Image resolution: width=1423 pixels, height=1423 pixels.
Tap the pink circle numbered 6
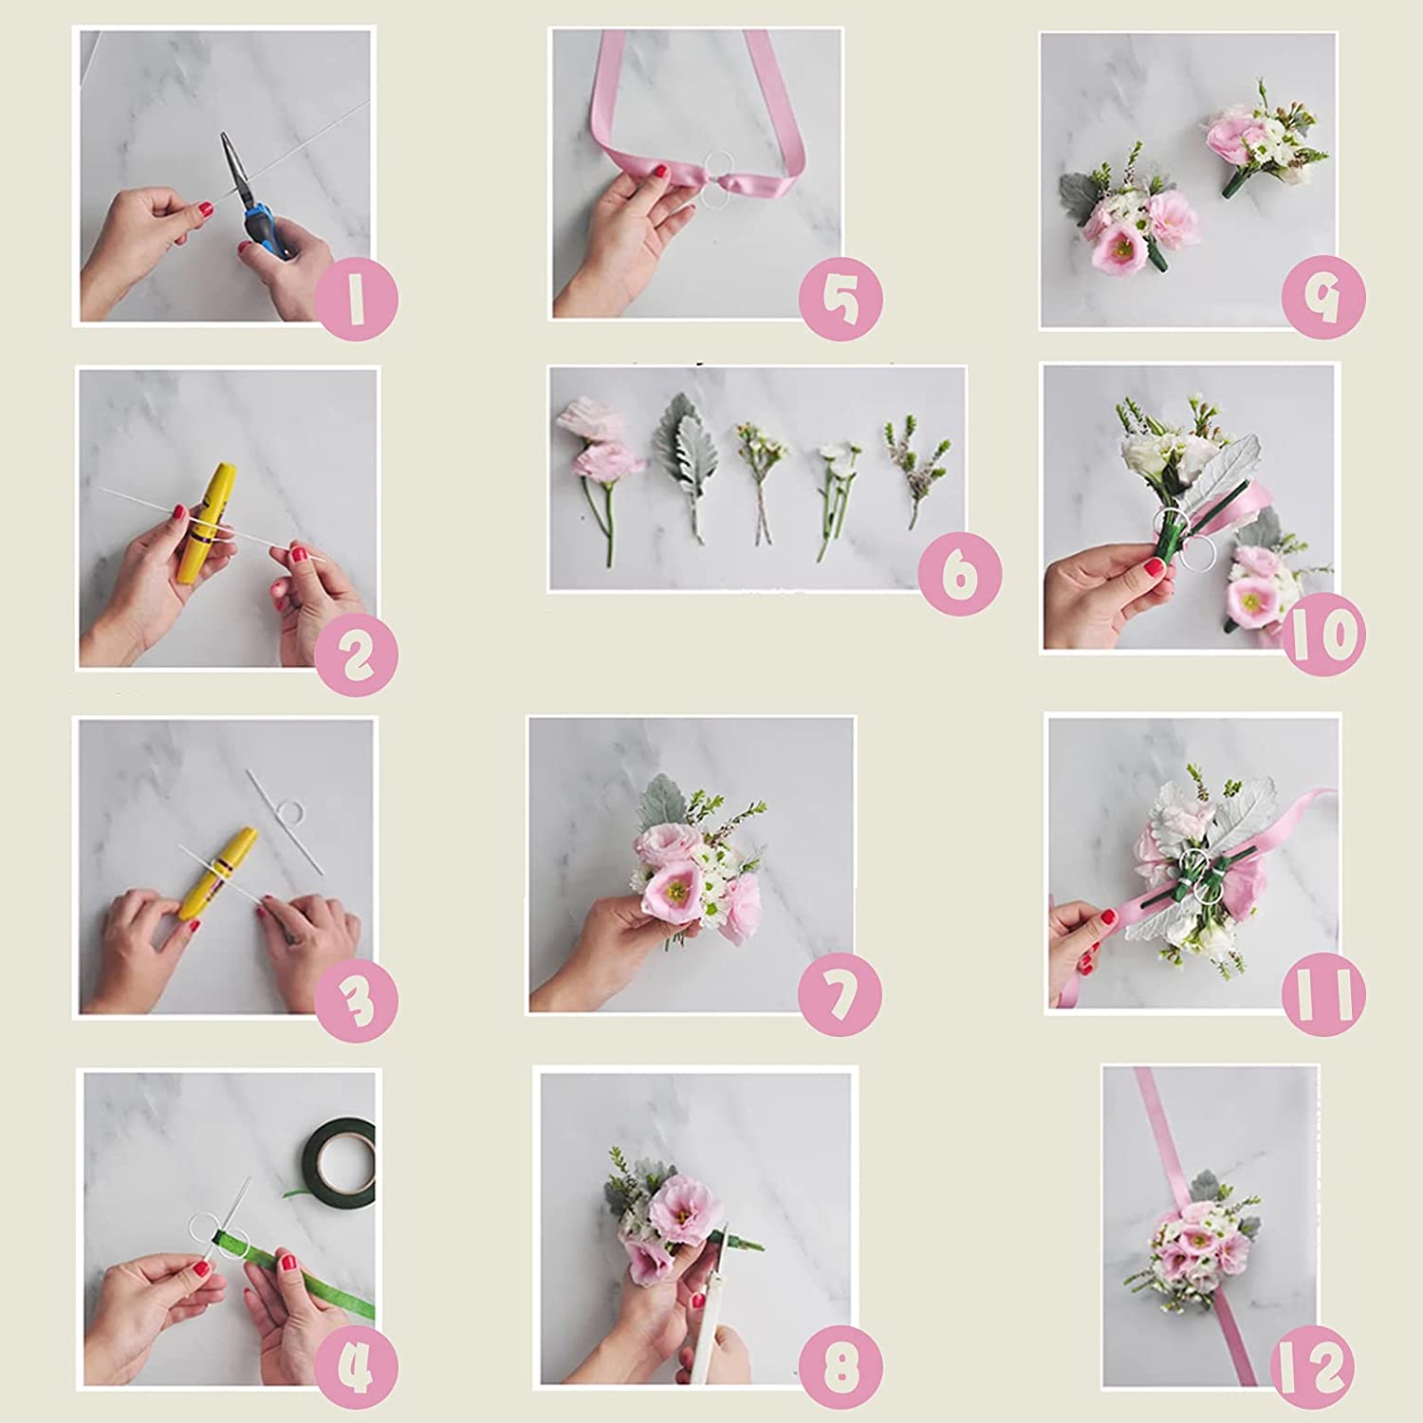point(960,574)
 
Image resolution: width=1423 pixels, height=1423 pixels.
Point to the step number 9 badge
point(1323,297)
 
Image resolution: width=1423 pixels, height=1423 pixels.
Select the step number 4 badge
point(356,1366)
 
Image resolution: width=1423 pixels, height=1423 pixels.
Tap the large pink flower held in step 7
point(675,887)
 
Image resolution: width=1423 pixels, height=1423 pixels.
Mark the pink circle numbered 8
point(841,1366)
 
